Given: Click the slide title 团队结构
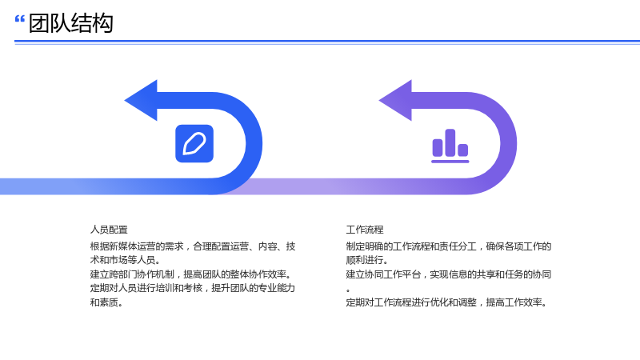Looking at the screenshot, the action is coord(70,23).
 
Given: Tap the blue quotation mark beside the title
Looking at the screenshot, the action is coord(19,18).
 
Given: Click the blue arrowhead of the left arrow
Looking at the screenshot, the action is coord(141,101).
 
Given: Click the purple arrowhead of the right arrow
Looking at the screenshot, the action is coord(395,101).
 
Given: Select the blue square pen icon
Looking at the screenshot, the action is coord(194,144).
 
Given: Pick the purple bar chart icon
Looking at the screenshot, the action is coord(450,146).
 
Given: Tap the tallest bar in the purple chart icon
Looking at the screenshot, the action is coord(450,142).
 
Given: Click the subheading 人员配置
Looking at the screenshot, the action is coord(109,230).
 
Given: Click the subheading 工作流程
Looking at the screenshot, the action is coord(365,230).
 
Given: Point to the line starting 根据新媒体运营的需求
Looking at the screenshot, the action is coord(193,246).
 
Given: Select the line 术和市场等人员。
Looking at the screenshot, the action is coord(126,260).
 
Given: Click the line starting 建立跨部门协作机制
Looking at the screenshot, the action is coord(191,274).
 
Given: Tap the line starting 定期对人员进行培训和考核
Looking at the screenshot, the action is coord(193,288).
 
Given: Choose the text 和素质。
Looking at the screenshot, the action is coord(107,302).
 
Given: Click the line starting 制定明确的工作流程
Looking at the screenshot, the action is coord(449,246).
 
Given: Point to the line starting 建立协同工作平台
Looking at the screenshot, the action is coord(449,274).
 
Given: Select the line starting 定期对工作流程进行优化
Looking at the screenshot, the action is coord(447,302).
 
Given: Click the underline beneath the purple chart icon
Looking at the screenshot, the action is coord(450,162).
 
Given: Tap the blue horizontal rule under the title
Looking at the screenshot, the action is coord(327,42).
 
